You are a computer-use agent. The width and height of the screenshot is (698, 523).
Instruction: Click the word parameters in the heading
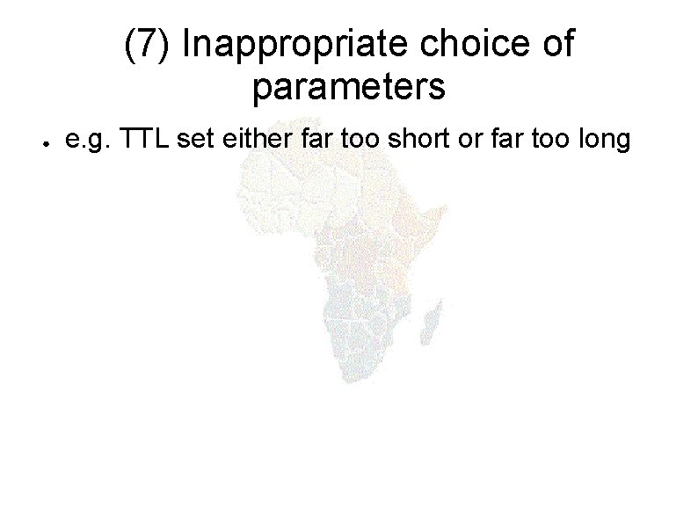[349, 87]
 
